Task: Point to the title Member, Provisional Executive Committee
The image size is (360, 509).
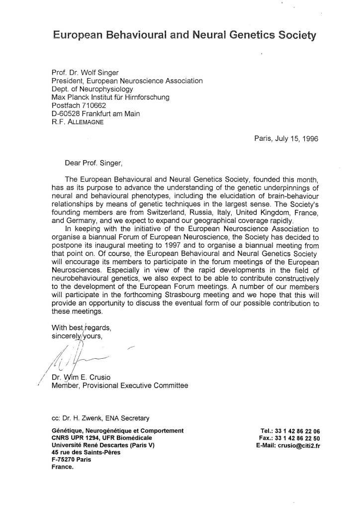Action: coord(119,385)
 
